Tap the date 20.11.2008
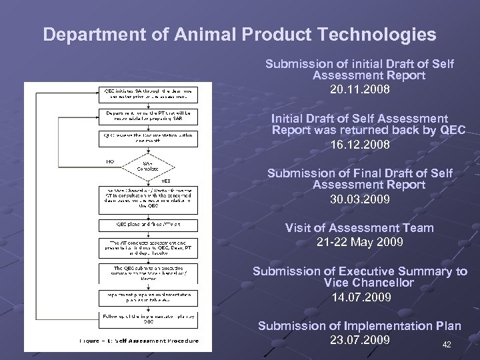[359, 88]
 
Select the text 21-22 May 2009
[359, 241]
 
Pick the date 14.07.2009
[359, 297]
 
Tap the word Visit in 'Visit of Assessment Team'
[300, 228]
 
